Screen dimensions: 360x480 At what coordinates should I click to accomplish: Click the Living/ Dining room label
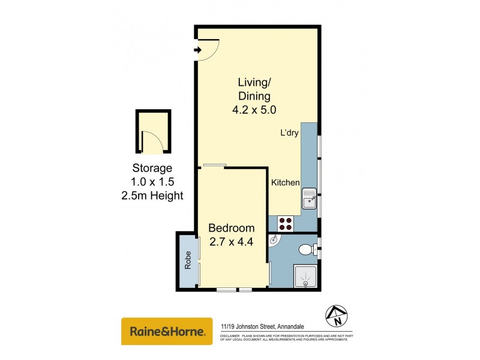pos(254,89)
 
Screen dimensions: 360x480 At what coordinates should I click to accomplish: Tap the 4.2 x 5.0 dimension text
pos(254,110)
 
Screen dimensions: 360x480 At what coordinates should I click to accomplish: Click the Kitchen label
pos(285,182)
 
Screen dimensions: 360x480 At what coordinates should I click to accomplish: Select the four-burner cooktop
pos(286,224)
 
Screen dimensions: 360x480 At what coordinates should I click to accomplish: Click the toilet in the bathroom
pos(307,248)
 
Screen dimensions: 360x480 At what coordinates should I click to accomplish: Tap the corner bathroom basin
pos(274,241)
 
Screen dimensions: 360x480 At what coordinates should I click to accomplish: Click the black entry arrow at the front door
pos(197,50)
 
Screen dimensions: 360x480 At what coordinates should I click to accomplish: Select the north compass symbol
pos(338,315)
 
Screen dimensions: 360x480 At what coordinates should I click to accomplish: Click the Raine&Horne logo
pos(167,331)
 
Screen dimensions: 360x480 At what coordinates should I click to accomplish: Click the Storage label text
pos(152,169)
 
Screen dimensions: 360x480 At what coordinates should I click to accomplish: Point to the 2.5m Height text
pos(152,195)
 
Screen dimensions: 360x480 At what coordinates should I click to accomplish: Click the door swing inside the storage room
pos(154,143)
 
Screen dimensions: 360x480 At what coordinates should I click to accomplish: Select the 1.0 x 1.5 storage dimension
pos(152,182)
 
